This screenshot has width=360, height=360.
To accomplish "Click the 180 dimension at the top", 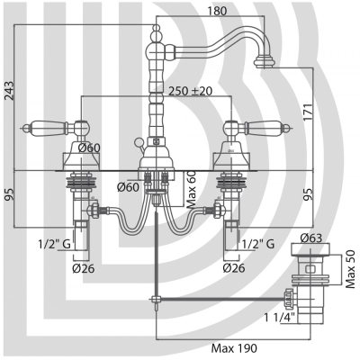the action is [x=217, y=11].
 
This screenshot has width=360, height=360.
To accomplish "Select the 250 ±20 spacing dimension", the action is [x=191, y=91].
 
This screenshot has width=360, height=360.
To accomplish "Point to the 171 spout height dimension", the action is [x=308, y=112].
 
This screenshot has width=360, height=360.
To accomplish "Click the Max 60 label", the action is [x=191, y=189].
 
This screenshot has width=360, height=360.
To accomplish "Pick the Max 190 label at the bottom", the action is [x=234, y=348].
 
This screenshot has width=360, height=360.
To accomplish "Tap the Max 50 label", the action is [x=350, y=269].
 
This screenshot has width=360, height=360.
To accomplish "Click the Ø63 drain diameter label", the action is [x=311, y=238].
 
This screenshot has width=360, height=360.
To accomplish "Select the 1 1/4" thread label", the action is [x=280, y=317].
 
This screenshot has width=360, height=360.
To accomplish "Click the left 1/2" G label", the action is [x=54, y=245].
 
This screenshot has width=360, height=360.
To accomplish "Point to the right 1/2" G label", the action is [x=258, y=244].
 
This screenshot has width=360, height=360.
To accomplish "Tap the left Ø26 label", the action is [x=84, y=268].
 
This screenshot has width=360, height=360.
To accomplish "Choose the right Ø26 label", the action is [x=234, y=267].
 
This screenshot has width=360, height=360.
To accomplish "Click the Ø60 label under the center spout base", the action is [x=129, y=187].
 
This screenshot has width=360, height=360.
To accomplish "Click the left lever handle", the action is [x=45, y=128].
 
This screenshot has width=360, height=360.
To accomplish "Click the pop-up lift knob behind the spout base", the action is [x=139, y=141].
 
